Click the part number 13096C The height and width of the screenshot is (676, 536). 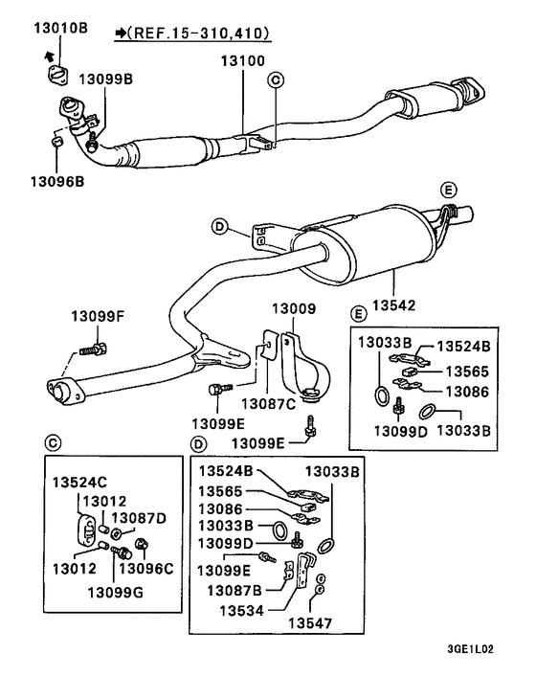click(x=149, y=568)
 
